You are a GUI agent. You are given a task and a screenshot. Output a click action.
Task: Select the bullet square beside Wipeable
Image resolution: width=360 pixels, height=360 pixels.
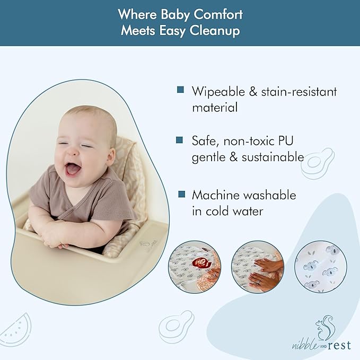point(181,90)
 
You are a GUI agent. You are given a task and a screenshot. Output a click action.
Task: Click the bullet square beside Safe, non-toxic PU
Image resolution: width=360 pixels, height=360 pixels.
point(181,140)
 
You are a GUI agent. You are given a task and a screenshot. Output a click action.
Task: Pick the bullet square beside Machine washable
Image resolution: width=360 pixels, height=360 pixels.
point(181,195)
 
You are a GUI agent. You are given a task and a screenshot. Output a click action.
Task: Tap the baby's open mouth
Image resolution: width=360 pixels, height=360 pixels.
point(73,169)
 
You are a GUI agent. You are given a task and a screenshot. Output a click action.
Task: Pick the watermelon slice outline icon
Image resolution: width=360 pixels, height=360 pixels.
point(17,328)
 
